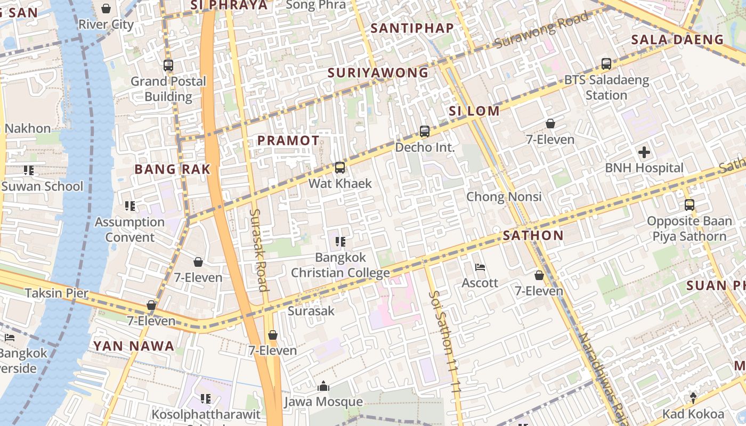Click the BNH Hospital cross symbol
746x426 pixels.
(644, 153)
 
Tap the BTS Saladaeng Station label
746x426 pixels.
(606, 88)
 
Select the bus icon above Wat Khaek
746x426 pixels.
(339, 168)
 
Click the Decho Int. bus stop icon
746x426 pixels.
(425, 131)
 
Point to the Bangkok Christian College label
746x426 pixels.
(340, 265)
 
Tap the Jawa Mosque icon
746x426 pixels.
(323, 387)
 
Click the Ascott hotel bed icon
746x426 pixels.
(480, 267)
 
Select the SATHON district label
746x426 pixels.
(533, 235)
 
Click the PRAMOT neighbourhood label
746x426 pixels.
(288, 141)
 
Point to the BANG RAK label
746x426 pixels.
(173, 169)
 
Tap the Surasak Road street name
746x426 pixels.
(258, 250)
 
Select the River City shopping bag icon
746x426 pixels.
(106, 9)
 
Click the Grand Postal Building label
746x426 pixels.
(168, 89)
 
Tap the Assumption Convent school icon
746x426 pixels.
(130, 206)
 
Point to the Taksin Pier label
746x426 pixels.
(56, 293)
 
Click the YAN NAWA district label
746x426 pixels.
(134, 346)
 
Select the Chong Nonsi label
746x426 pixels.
(504, 196)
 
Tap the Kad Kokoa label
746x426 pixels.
(693, 414)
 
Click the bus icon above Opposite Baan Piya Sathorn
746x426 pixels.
(690, 205)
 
